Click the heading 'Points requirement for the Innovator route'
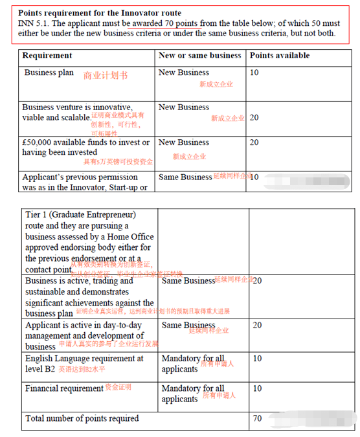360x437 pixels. click(x=100, y=13)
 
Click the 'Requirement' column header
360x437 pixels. click(x=47, y=56)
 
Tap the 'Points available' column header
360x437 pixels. click(x=279, y=56)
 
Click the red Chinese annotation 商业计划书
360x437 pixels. click(x=106, y=76)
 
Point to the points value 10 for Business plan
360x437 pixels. click(x=254, y=73)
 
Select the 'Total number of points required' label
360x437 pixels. click(x=82, y=419)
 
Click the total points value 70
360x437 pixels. click(x=257, y=419)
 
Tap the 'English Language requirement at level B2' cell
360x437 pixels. click(x=84, y=363)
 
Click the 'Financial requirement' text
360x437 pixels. click(x=64, y=388)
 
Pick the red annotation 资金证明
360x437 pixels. click(x=118, y=388)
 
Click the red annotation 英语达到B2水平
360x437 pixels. click(x=82, y=370)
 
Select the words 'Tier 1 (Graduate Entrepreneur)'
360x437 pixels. click(x=80, y=214)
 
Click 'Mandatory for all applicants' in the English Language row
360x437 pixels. click(x=192, y=364)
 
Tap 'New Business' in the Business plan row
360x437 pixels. click(x=184, y=73)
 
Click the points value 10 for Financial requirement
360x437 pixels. click(x=257, y=388)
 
